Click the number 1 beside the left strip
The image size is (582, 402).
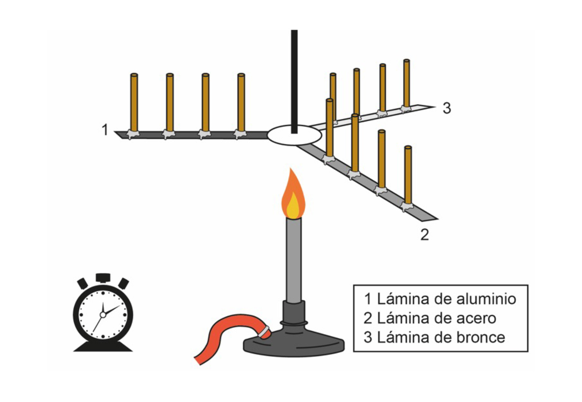click(x=105, y=130)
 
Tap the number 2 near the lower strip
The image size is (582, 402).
click(x=425, y=234)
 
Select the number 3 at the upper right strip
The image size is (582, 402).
click(x=447, y=108)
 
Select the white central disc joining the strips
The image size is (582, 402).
click(x=294, y=135)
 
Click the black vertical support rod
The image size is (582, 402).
click(x=294, y=74)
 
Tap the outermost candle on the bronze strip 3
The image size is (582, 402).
click(x=406, y=84)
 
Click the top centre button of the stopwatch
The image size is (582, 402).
click(x=103, y=278)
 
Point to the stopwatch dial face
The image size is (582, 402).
click(x=103, y=315)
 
